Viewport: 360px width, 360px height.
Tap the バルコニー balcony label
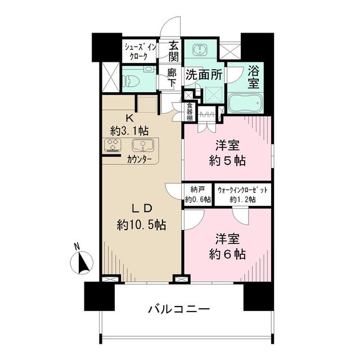(179, 309)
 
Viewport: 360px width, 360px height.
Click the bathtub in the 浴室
(245, 104)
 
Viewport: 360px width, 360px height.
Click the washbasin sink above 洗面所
(199, 50)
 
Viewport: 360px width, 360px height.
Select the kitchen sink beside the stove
(143, 146)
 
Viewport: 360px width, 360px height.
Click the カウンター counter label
(139, 159)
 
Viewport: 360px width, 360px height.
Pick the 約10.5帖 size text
(141, 225)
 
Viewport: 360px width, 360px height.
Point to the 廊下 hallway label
(173, 77)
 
